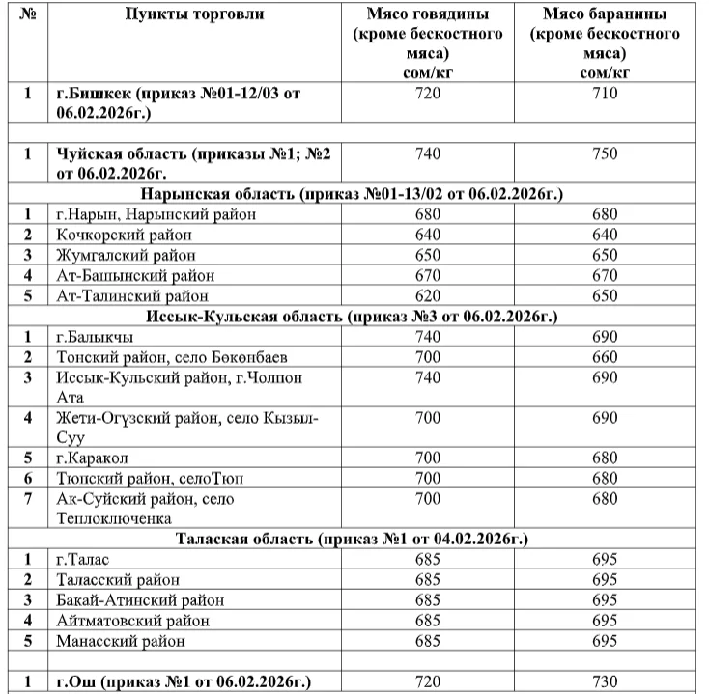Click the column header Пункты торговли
click(193, 14)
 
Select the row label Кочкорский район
click(124, 235)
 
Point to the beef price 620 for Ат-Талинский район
click(427, 295)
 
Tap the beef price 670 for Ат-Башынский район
click(427, 275)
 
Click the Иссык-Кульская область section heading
click(354, 316)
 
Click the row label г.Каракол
click(92, 458)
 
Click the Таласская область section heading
click(352, 538)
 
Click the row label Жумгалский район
click(126, 255)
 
